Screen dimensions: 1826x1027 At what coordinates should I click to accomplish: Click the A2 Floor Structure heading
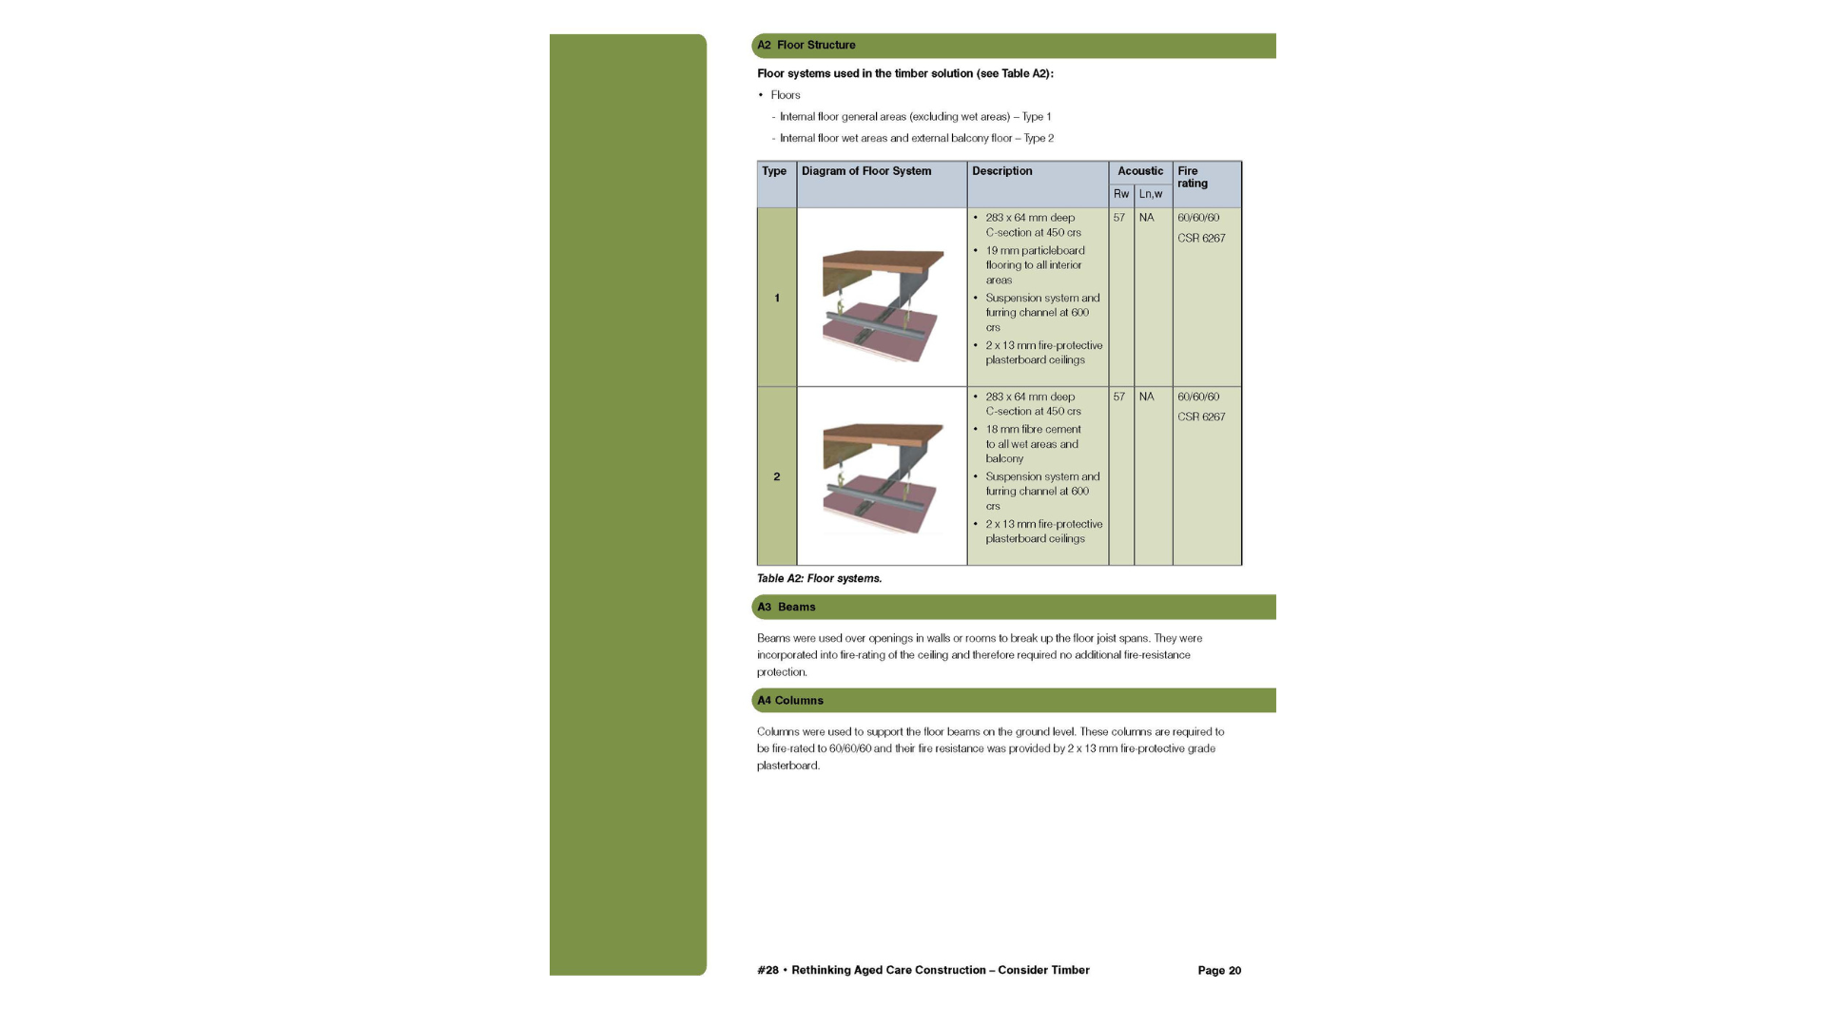(x=806, y=45)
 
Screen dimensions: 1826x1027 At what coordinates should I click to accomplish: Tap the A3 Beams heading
(x=787, y=607)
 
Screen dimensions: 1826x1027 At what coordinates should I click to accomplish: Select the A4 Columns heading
(x=790, y=701)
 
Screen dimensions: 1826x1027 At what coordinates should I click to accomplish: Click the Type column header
(x=774, y=171)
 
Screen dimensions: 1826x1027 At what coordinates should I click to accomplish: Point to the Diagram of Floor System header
(x=866, y=171)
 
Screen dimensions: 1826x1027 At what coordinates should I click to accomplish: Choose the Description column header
(x=1002, y=171)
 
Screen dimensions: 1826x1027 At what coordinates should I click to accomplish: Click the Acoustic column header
(x=1140, y=171)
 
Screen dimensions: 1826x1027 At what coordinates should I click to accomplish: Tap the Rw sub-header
(x=1121, y=194)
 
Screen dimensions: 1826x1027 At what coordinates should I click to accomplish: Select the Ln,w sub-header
(x=1151, y=194)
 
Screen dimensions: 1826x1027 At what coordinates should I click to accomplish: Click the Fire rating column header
(x=1193, y=177)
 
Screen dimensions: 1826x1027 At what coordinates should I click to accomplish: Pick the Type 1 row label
(x=777, y=299)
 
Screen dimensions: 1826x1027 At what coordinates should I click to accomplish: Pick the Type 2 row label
(x=777, y=477)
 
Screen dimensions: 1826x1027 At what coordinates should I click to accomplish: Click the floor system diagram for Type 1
(x=883, y=305)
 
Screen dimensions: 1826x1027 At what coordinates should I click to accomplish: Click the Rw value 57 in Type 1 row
(x=1119, y=218)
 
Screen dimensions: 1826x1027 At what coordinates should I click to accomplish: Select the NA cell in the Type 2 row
(x=1147, y=397)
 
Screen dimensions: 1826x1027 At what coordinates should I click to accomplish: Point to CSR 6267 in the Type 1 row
(x=1201, y=239)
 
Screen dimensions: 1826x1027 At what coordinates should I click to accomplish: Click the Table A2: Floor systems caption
(x=820, y=578)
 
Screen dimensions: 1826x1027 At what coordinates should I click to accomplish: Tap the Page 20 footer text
(x=1219, y=971)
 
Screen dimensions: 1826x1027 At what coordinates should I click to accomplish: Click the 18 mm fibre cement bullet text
(x=1033, y=444)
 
